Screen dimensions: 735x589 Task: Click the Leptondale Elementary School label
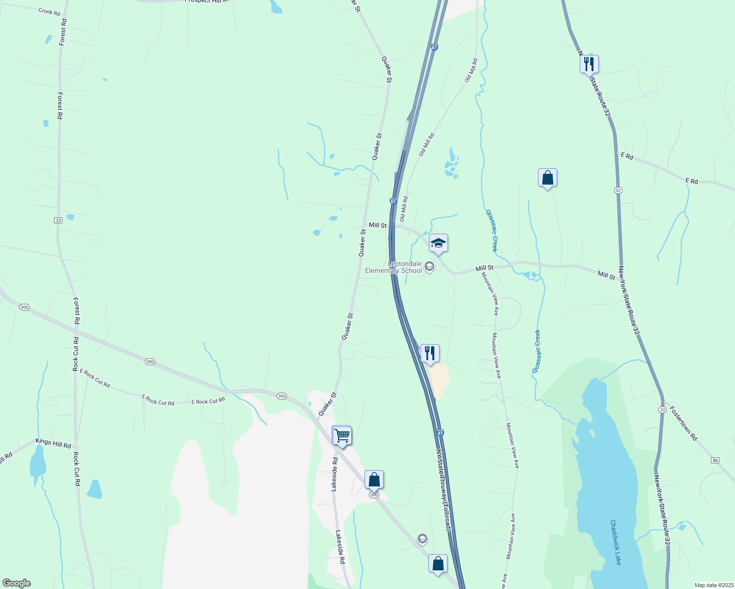[393, 267]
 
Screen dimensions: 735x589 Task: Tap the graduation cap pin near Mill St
[438, 243]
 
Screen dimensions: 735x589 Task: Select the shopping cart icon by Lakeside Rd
[341, 435]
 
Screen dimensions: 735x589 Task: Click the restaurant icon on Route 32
[589, 64]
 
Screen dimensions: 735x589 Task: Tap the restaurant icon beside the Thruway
[430, 353]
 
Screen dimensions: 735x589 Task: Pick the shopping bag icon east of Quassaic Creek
[547, 178]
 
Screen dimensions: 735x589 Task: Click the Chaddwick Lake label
[616, 542]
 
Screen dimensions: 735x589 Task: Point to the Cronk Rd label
[49, 11]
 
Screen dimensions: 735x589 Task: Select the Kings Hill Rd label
[53, 443]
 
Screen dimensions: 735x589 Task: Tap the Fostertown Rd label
[683, 423]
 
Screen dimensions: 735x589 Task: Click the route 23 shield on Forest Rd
[58, 220]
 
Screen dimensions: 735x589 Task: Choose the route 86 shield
[715, 460]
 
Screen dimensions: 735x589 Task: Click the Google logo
[16, 583]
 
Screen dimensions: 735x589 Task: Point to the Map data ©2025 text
[713, 585]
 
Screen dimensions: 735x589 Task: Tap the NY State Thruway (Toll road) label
[444, 490]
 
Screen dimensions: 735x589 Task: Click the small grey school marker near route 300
[422, 539]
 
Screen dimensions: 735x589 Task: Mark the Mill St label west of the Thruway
[377, 225]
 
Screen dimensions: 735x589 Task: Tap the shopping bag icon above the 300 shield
[374, 480]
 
